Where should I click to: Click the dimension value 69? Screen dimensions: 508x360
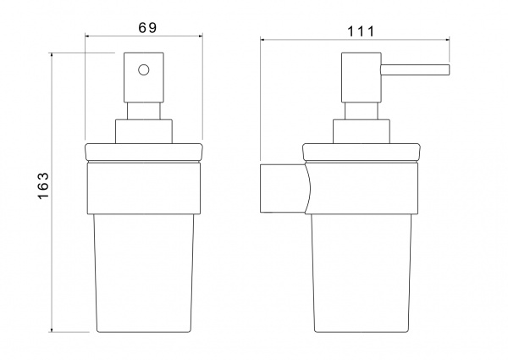tap(147, 28)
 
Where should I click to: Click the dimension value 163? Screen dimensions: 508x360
tap(43, 186)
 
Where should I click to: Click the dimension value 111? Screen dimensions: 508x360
tap(361, 31)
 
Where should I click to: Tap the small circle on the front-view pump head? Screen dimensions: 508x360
tap(144, 70)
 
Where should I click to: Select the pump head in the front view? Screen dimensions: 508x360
tap(144, 77)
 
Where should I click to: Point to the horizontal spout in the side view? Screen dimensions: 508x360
tap(415, 70)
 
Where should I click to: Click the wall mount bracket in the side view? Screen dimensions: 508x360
tap(285, 188)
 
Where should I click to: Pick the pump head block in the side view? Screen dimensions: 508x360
tap(361, 77)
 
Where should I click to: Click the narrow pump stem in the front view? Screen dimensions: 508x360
tap(144, 111)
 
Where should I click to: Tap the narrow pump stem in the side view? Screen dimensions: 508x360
tap(361, 111)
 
